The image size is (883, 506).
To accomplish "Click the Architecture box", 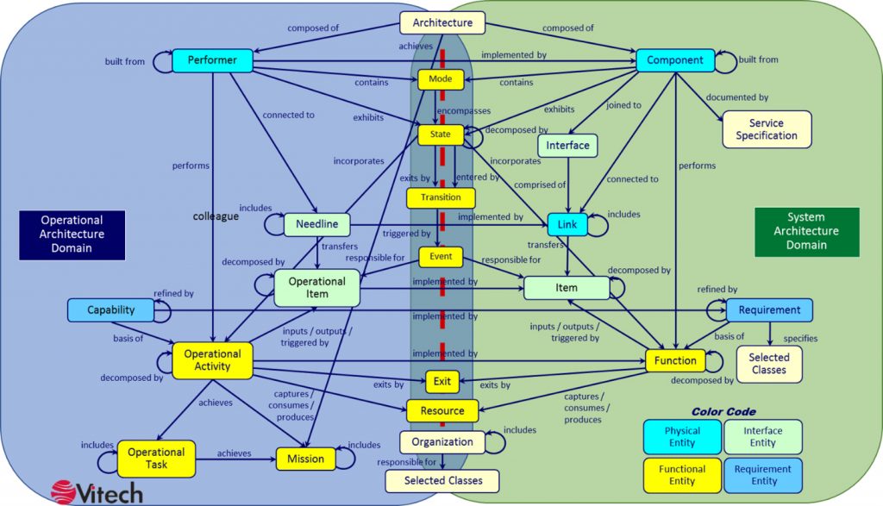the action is click(442, 22).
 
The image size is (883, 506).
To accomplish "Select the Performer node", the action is click(212, 60).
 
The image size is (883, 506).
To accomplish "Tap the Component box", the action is click(675, 60).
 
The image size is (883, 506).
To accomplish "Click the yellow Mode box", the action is click(441, 79).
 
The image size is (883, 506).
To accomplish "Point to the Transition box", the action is click(441, 197).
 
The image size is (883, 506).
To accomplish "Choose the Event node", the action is click(441, 257).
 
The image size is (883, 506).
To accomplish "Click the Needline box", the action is click(317, 224).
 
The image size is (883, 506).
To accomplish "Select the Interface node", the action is click(567, 146).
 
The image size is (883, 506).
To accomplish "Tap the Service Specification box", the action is click(767, 129).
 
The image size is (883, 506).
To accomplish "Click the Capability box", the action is click(111, 310).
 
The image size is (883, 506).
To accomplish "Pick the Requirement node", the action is click(769, 310).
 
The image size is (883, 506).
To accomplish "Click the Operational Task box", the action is click(156, 459).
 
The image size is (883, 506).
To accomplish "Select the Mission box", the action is click(306, 459).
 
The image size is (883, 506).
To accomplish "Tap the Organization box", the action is click(442, 442).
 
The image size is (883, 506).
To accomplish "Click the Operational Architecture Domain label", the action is click(72, 235).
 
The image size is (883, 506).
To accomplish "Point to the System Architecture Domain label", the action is click(806, 232).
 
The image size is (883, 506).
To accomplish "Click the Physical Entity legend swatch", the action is click(682, 437).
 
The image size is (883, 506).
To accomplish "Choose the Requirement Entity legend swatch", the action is click(763, 476).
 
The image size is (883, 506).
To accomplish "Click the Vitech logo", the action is click(97, 492).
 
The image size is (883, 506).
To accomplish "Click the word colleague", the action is click(216, 216).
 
